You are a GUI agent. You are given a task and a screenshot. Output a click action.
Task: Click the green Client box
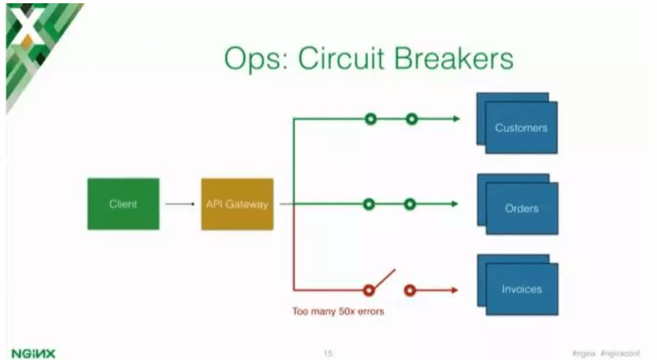[123, 204]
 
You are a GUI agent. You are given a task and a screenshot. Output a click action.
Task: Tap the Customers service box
[521, 127]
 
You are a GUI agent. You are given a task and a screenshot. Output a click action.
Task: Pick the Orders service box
[521, 208]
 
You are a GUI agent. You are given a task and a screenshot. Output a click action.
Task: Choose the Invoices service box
[521, 289]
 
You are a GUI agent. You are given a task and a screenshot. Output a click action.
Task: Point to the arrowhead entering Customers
[455, 119]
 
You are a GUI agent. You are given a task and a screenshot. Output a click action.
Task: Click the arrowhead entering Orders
[455, 204]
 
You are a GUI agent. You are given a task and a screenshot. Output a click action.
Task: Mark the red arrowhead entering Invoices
[455, 289]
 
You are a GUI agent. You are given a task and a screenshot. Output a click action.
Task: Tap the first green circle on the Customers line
[370, 119]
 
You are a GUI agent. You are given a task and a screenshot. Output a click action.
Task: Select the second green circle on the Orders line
[410, 204]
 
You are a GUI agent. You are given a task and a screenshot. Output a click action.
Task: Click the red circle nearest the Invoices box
[410, 289]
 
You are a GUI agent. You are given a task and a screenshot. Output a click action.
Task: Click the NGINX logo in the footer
[27, 351]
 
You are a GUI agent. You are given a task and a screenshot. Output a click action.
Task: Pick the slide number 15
[328, 352]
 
